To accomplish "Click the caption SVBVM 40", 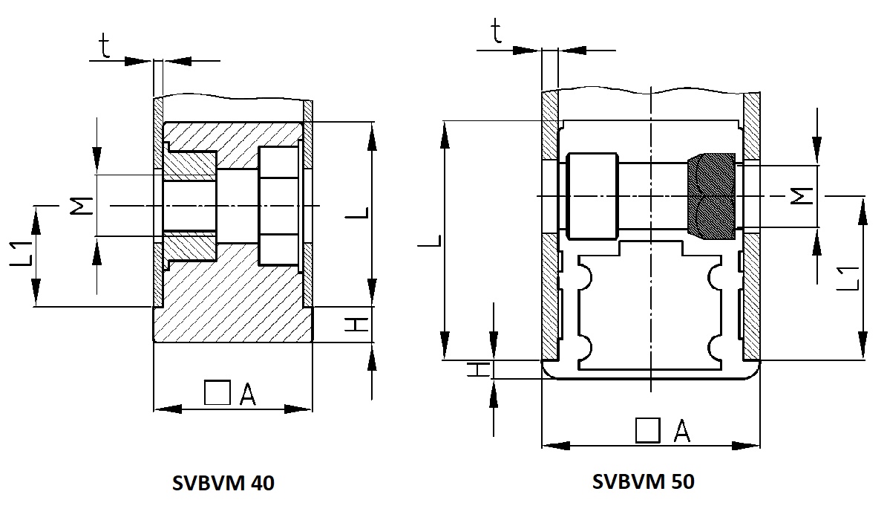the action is click(223, 483).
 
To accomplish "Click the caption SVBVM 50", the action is click(644, 481).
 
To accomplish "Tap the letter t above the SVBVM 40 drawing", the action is click(105, 46).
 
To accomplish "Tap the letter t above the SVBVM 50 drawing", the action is click(496, 32).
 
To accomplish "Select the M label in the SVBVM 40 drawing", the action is click(82, 206).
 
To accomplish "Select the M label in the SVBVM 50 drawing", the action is click(802, 196).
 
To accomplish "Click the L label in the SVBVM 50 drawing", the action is click(430, 241).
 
